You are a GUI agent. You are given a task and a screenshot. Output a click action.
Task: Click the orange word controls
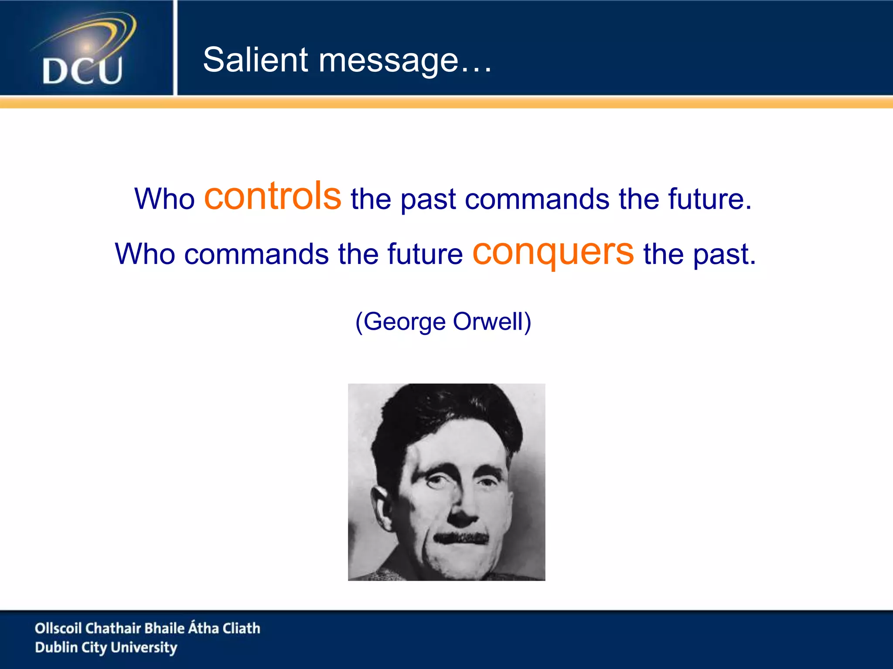click(x=273, y=196)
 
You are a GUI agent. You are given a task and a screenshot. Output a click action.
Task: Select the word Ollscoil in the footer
click(x=58, y=628)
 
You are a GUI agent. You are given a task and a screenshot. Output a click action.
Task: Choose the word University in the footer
click(x=144, y=648)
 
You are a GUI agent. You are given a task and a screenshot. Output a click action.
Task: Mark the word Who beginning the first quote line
click(x=164, y=199)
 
